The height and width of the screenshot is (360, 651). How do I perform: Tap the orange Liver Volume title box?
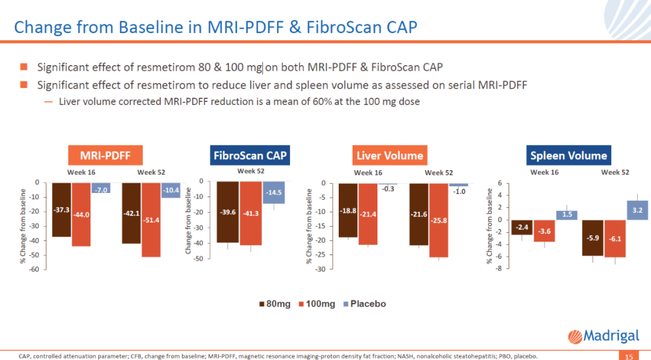click(x=389, y=155)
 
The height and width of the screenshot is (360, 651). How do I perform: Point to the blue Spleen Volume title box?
click(x=568, y=155)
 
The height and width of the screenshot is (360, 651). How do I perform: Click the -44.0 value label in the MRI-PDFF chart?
click(x=81, y=214)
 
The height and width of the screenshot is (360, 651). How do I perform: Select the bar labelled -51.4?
click(x=152, y=220)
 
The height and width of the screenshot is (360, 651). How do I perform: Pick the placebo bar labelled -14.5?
click(x=274, y=193)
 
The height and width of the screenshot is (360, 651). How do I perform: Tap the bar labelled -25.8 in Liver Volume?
click(x=439, y=220)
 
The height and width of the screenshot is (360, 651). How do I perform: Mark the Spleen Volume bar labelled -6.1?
click(x=615, y=239)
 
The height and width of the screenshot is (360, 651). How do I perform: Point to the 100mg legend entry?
click(x=316, y=303)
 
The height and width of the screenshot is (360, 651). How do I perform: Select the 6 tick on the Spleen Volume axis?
click(x=499, y=183)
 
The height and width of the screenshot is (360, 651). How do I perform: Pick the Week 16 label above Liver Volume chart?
click(x=368, y=172)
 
